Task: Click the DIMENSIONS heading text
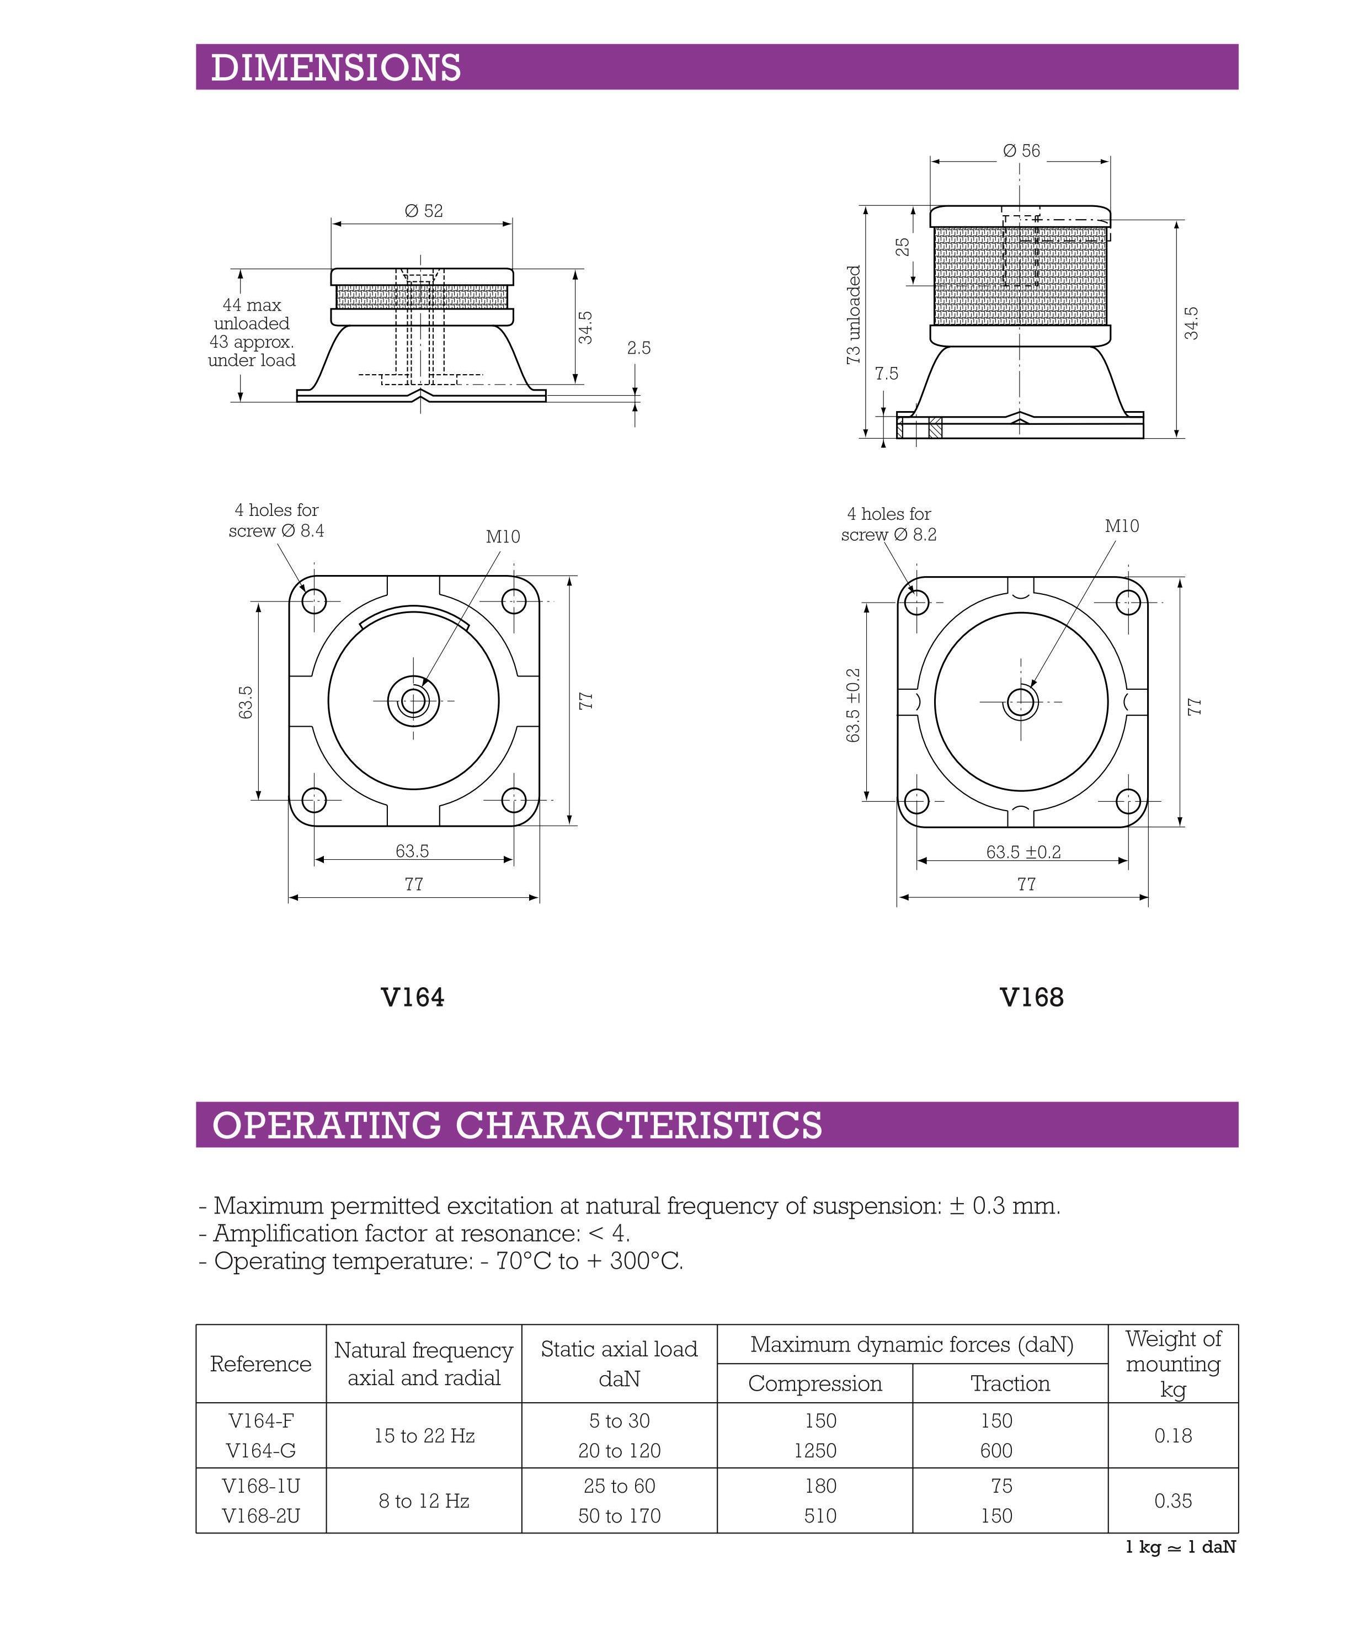pyautogui.click(x=336, y=67)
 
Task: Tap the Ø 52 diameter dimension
pyautogui.click(x=423, y=211)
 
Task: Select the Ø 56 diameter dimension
pyautogui.click(x=1021, y=151)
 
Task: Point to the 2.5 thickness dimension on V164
pyautogui.click(x=638, y=348)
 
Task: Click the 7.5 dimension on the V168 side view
pyautogui.click(x=887, y=374)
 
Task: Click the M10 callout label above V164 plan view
pyautogui.click(x=503, y=536)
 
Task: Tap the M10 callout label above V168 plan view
pyautogui.click(x=1122, y=526)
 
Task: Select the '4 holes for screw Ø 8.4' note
pyautogui.click(x=276, y=520)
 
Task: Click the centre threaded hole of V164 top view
pyautogui.click(x=414, y=700)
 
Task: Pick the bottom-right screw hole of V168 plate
pyautogui.click(x=1128, y=801)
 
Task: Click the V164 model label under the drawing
pyautogui.click(x=413, y=997)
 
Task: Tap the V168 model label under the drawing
pyautogui.click(x=1032, y=997)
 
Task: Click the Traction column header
pyautogui.click(x=1010, y=1383)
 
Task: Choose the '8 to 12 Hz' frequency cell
pyautogui.click(x=424, y=1501)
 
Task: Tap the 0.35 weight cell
pyautogui.click(x=1172, y=1501)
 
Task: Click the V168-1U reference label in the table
pyautogui.click(x=261, y=1486)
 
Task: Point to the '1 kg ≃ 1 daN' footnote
pyautogui.click(x=1180, y=1547)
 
